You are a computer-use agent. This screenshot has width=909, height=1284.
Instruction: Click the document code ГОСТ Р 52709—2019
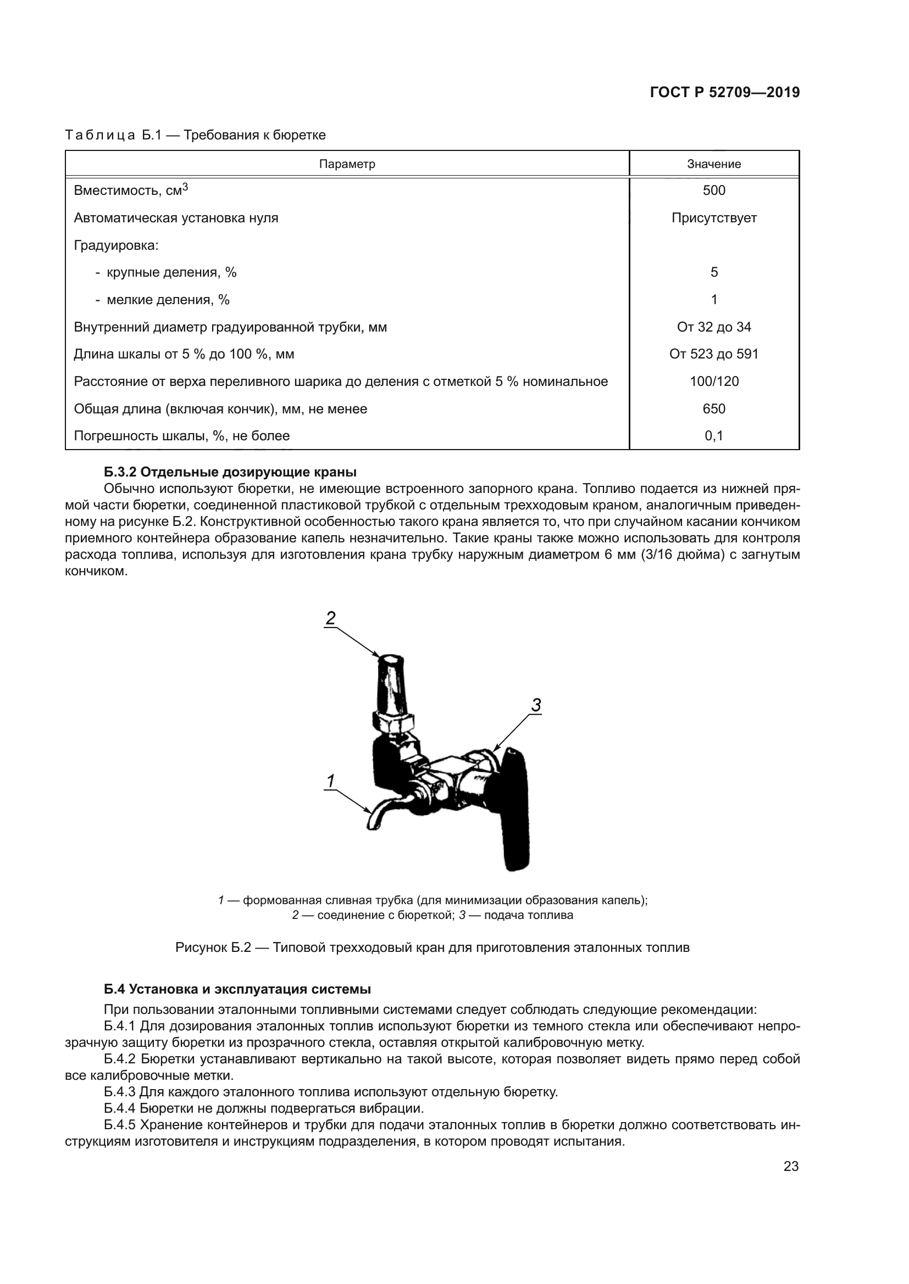(724, 93)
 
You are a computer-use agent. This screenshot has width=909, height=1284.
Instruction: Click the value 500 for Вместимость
(714, 190)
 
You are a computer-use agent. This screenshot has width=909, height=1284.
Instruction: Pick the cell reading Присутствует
(714, 218)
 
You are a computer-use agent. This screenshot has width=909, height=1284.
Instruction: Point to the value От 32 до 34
(714, 327)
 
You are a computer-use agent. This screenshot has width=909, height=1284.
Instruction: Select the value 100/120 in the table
(714, 382)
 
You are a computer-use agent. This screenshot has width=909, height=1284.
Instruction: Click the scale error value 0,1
(714, 436)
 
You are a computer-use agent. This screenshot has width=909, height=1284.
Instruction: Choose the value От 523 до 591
(714, 355)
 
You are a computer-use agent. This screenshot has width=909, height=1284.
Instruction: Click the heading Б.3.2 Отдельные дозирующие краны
(230, 472)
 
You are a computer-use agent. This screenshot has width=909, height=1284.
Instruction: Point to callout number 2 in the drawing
(330, 619)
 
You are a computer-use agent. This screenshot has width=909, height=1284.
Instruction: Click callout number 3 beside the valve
(536, 706)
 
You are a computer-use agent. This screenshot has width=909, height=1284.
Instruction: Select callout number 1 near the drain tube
(330, 781)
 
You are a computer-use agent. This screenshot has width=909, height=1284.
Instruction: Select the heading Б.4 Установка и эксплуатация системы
(237, 989)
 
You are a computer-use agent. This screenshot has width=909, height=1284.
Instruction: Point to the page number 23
(791, 1167)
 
